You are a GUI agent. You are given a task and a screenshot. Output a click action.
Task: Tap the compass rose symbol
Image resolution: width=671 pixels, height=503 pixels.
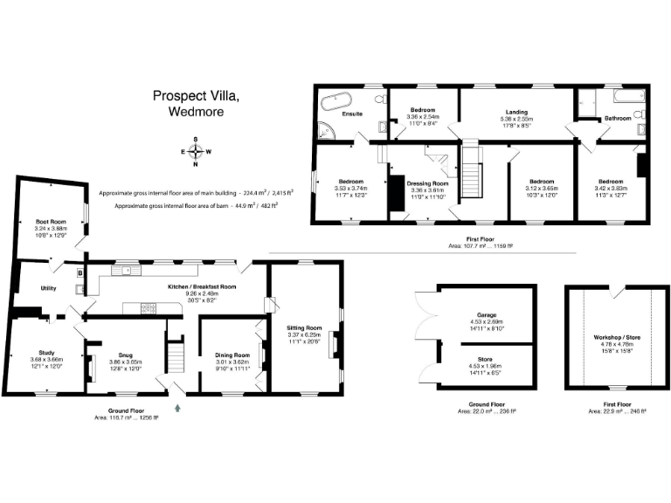(x=195, y=151)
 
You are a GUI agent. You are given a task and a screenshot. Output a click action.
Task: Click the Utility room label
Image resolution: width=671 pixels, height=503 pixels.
(x=36, y=287)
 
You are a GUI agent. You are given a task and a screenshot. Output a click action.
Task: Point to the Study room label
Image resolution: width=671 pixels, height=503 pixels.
(x=46, y=353)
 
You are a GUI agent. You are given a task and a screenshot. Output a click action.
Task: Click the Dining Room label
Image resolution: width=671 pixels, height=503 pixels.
(x=232, y=355)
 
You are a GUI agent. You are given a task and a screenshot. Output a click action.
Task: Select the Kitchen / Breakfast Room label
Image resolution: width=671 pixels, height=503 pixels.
(x=203, y=286)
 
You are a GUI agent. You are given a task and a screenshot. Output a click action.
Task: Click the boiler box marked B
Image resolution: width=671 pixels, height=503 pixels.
(x=80, y=273)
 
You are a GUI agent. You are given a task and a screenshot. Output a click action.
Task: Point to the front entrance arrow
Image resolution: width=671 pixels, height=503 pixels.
(x=178, y=404)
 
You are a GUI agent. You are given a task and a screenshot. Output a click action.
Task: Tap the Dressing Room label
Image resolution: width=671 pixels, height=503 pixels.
(x=428, y=183)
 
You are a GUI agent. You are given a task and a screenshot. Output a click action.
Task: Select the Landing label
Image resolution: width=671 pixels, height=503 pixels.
(x=516, y=112)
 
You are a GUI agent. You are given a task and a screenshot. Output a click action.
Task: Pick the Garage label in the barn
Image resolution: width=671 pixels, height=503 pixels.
(x=487, y=314)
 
